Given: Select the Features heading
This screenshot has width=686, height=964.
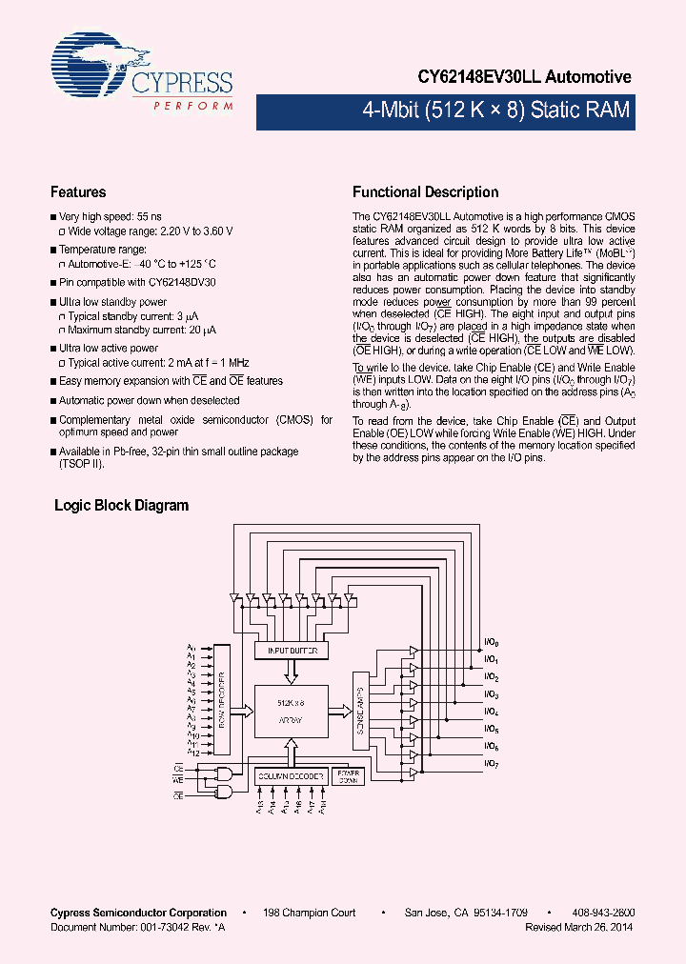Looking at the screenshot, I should coord(78,192).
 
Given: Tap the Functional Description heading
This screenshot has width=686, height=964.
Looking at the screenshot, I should coord(425,192).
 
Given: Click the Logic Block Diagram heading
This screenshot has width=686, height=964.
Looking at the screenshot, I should coord(121,506).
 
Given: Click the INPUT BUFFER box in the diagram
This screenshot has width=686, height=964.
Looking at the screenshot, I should coord(292,651).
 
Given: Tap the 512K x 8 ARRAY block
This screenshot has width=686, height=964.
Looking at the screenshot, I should coord(291,711).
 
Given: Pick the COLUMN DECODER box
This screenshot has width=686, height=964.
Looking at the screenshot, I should coord(291,776).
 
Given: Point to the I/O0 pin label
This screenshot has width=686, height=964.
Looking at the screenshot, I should coord(492,643).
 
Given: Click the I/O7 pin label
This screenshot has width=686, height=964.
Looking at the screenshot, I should coord(492,763).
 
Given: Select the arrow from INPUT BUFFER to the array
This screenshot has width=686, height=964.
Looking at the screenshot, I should coord(292,672).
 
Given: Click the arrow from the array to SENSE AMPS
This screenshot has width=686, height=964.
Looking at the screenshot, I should coord(340,710).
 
